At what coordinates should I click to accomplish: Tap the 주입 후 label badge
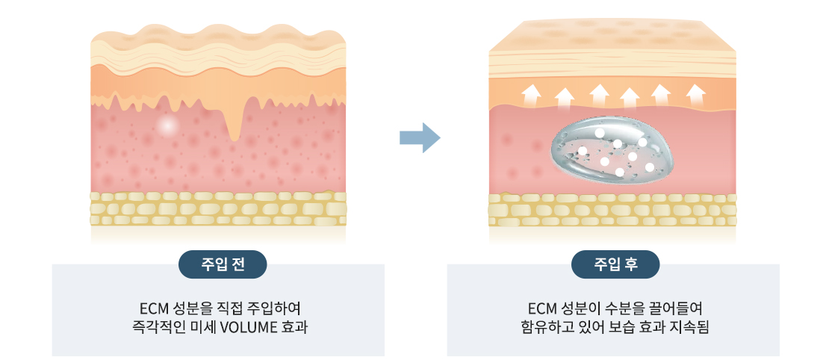[x=615, y=264]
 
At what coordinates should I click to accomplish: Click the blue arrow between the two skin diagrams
[x=420, y=137]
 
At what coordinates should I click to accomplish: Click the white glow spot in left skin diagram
[x=169, y=126]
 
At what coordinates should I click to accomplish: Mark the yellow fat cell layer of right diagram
[x=612, y=211]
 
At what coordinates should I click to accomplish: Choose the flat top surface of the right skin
[x=612, y=34]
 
